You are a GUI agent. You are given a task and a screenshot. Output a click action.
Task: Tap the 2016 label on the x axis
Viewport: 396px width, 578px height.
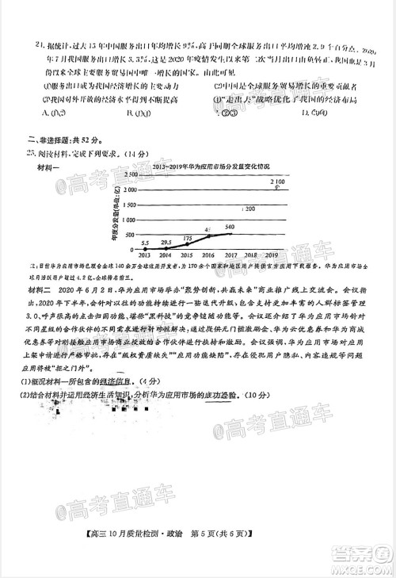[208, 255]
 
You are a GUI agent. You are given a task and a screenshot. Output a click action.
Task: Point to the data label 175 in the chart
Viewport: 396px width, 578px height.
[188, 238]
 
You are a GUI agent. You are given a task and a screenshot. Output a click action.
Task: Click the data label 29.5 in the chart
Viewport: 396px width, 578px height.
[166, 242]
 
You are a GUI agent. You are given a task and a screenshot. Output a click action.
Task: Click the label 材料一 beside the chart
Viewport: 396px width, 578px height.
[48, 169]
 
